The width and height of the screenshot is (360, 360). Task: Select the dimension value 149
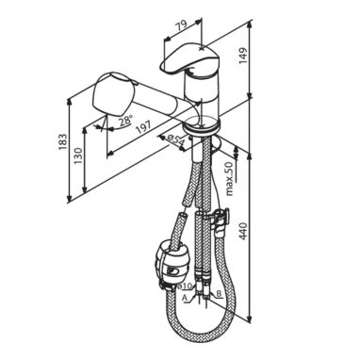click(243, 56)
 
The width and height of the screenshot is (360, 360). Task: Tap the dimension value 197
click(143, 126)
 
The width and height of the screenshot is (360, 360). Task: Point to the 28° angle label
click(126, 121)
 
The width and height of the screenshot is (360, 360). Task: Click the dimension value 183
click(62, 141)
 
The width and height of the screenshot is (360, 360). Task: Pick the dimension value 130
click(77, 155)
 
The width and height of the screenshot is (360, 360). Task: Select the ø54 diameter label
click(176, 141)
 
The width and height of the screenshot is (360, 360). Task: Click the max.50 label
click(230, 179)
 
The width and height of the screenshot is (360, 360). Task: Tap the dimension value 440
click(243, 231)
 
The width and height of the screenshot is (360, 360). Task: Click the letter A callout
click(185, 297)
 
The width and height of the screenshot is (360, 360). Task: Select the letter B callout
click(220, 293)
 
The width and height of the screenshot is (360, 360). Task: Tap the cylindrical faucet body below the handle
click(201, 95)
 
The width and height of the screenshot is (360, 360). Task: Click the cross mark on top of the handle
click(203, 48)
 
